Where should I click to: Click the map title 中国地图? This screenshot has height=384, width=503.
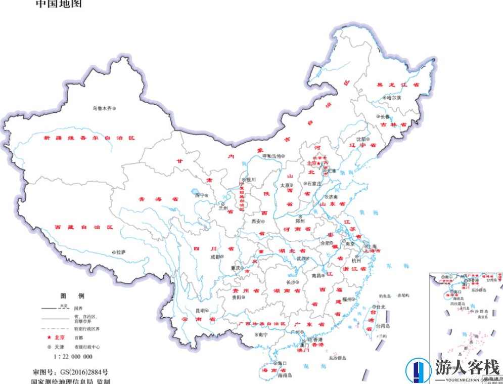58,4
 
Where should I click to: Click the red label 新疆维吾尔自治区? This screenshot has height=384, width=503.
89,138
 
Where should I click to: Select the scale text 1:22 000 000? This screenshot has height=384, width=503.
73,357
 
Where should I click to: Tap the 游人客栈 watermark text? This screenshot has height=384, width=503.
467,367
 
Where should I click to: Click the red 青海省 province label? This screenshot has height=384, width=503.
159,199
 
